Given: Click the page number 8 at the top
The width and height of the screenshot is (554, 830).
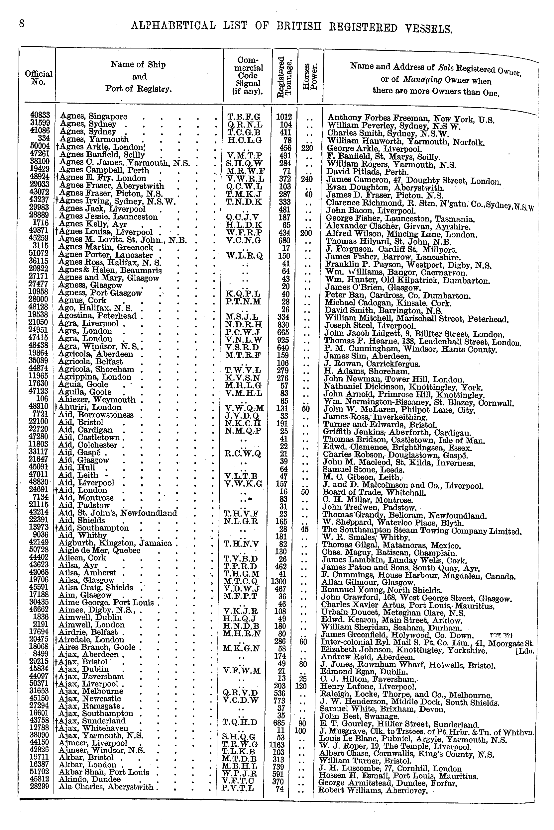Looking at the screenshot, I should tap(22, 24).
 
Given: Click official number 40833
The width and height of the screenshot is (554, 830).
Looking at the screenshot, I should tap(40, 115).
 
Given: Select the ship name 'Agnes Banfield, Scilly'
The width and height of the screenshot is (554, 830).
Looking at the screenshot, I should tap(102, 155).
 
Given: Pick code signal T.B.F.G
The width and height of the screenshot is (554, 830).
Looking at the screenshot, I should tap(244, 117).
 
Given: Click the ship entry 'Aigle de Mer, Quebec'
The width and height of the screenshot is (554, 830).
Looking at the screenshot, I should tap(100, 550).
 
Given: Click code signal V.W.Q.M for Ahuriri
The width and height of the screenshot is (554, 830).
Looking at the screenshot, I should tap(244, 408).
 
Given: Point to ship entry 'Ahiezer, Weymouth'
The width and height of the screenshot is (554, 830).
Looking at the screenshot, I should tap(97, 400).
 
